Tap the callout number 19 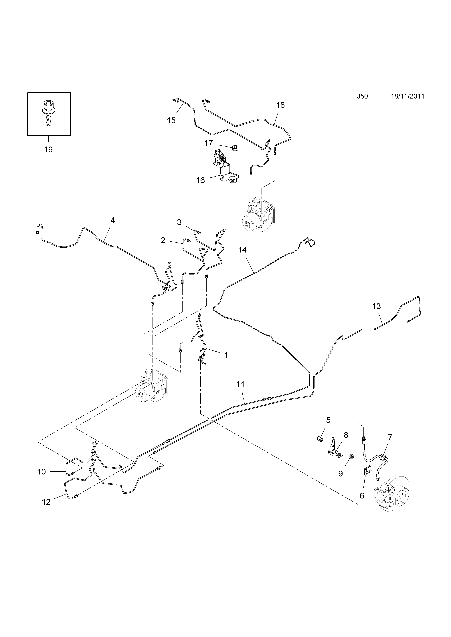pos(48,150)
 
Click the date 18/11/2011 pos(407,96)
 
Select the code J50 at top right pos(362,96)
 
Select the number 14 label pos(242,250)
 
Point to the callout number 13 pos(376,306)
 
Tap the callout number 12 pos(46,502)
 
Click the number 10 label pos(41,472)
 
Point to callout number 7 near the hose pos(390,437)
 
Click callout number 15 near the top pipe pos(171,120)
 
